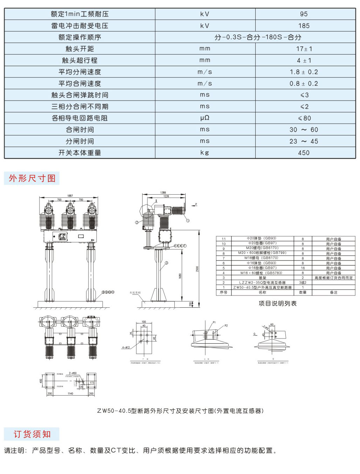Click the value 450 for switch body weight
click(x=304, y=153)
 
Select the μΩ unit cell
click(x=205, y=118)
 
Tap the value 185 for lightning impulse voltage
click(x=304, y=26)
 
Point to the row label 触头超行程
click(x=80, y=60)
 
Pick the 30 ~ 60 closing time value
click(x=304, y=130)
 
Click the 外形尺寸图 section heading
click(x=32, y=178)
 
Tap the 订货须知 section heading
click(x=32, y=434)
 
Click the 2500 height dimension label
click(x=197, y=269)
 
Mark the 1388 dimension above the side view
click(x=163, y=193)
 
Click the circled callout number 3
click(x=167, y=263)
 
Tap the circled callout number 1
click(x=188, y=221)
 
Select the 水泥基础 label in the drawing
click(x=135, y=293)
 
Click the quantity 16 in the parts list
click(x=303, y=268)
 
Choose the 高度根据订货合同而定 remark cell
click(x=333, y=278)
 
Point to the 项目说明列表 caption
click(x=277, y=304)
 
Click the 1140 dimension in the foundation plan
click(x=70, y=393)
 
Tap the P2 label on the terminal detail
click(x=226, y=326)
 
